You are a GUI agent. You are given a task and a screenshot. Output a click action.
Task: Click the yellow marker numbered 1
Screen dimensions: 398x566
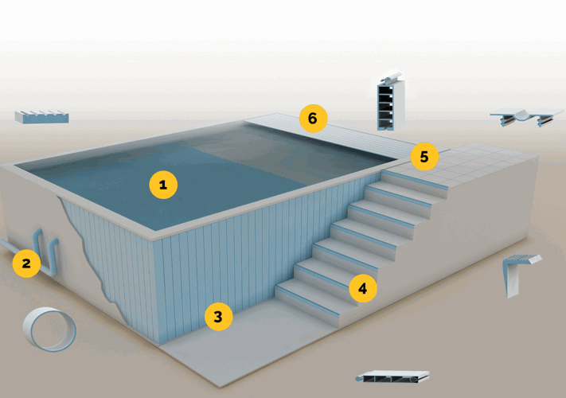click(x=163, y=185)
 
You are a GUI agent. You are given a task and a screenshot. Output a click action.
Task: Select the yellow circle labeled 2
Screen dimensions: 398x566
click(x=26, y=263)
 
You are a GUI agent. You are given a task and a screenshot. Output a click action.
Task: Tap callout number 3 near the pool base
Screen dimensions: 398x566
click(x=218, y=317)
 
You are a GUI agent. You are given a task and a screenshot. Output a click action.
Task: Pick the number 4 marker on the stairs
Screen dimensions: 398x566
click(x=362, y=289)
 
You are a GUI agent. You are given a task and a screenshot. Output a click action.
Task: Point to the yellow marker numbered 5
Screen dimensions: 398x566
click(x=424, y=157)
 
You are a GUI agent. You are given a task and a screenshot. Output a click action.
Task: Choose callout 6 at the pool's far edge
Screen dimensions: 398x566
click(x=313, y=119)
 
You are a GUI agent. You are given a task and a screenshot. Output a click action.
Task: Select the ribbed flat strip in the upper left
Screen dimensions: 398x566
click(x=41, y=117)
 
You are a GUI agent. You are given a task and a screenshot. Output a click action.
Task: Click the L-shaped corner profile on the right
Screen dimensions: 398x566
click(x=518, y=271)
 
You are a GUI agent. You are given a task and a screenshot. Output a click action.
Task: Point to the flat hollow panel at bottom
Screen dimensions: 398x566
click(x=392, y=377)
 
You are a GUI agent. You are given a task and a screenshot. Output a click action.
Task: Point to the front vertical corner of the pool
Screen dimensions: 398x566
click(x=156, y=287)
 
